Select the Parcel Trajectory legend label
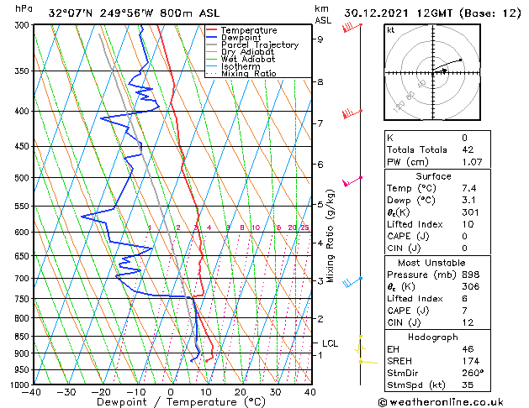tap(259, 45)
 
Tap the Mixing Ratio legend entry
tap(249, 74)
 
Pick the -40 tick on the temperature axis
tap(33, 392)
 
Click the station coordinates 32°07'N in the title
tap(71, 13)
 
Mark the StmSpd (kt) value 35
tap(467, 384)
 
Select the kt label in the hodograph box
tap(390, 30)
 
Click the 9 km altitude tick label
tap(320, 39)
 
